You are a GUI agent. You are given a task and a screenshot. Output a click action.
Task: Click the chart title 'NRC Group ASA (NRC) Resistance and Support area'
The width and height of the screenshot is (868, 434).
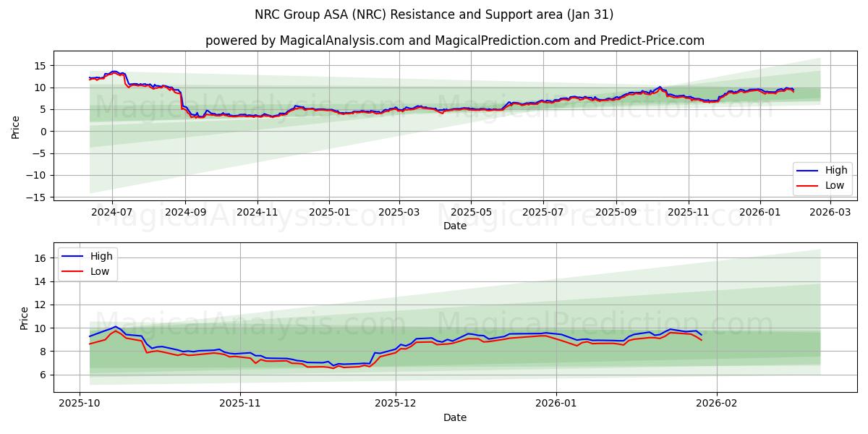pyautogui.click(x=434, y=14)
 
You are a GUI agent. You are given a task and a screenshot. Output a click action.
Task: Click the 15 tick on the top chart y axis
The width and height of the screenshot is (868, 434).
pyautogui.click(x=41, y=66)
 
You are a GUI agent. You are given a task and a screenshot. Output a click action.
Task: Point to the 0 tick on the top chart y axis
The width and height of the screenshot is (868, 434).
pyautogui.click(x=43, y=132)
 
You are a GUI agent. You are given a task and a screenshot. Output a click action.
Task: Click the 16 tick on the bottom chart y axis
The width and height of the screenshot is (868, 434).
pyautogui.click(x=41, y=258)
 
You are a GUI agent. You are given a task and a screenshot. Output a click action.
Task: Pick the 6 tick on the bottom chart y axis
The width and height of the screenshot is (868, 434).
pyautogui.click(x=43, y=375)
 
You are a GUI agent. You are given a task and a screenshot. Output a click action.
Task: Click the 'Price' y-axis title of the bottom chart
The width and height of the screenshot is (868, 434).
pyautogui.click(x=25, y=318)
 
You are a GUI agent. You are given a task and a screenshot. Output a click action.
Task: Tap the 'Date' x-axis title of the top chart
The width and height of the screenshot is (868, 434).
pyautogui.click(x=455, y=226)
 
